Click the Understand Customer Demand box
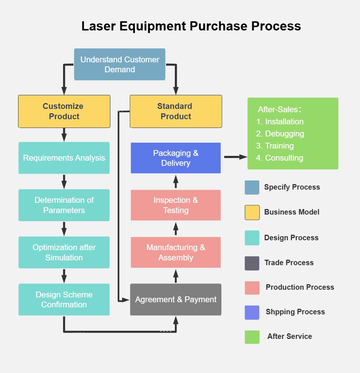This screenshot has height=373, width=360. point(120,64)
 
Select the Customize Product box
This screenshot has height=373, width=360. point(64,111)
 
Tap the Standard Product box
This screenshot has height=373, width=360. point(176,111)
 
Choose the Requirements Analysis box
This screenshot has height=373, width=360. point(64,158)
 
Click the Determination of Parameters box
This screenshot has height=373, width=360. point(64,205)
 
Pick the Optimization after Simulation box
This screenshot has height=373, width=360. point(64,252)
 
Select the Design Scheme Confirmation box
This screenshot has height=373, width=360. point(64,299)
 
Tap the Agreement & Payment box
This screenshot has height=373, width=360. point(176,299)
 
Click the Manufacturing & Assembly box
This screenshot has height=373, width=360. point(176,252)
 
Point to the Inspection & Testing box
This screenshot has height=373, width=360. point(176,205)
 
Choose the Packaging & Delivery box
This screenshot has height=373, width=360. point(176,158)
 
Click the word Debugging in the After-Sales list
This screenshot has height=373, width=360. point(284,134)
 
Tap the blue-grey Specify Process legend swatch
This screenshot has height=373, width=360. point(252,187)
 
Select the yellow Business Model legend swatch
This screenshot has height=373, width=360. point(252,212)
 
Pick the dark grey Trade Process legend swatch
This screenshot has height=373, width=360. point(252,263)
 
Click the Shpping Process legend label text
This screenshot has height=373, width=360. point(295,312)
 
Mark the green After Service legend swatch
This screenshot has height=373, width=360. point(252,337)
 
